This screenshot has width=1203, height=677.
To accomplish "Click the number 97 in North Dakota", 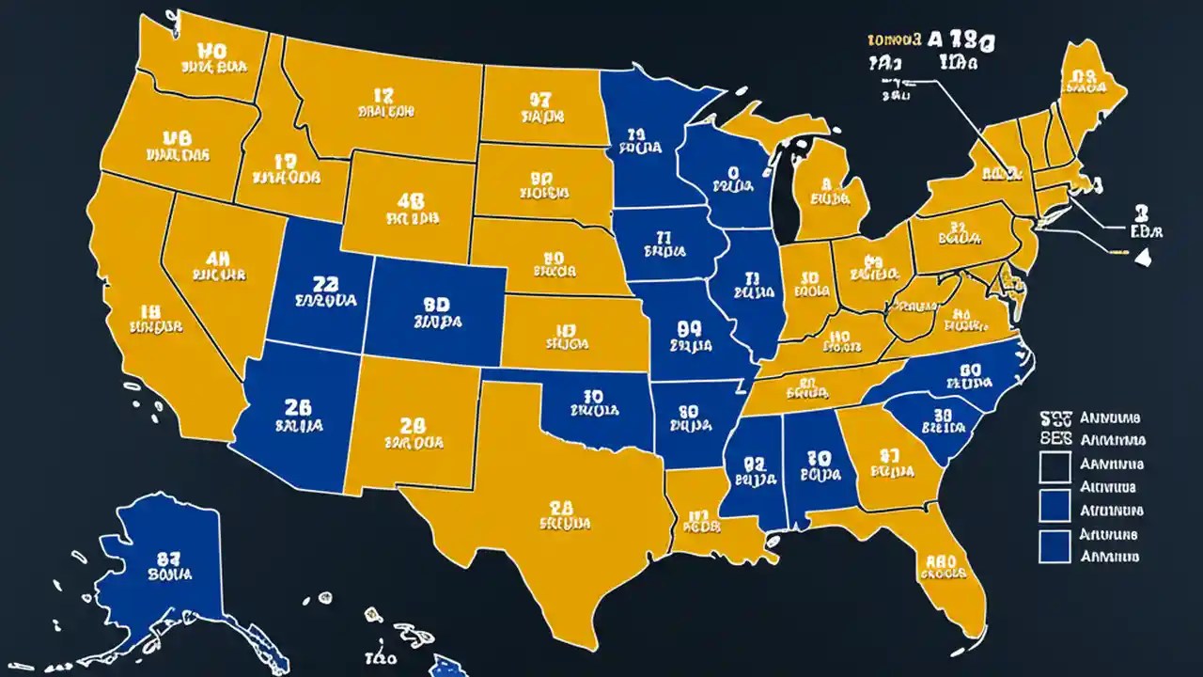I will point(539,98).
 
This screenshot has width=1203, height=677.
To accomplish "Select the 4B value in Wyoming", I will point(410,200).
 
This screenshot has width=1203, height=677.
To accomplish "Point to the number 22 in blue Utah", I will point(324,285).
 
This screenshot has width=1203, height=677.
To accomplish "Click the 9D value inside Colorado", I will point(437,305).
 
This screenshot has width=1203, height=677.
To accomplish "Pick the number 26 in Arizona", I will point(297,407).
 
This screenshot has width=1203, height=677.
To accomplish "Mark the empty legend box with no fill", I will point(1055,464).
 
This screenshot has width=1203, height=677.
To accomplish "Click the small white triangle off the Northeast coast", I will point(1144,259).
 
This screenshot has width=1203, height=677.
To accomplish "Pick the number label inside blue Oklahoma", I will point(593,396).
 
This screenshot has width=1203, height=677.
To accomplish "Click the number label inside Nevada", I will point(218,259).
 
